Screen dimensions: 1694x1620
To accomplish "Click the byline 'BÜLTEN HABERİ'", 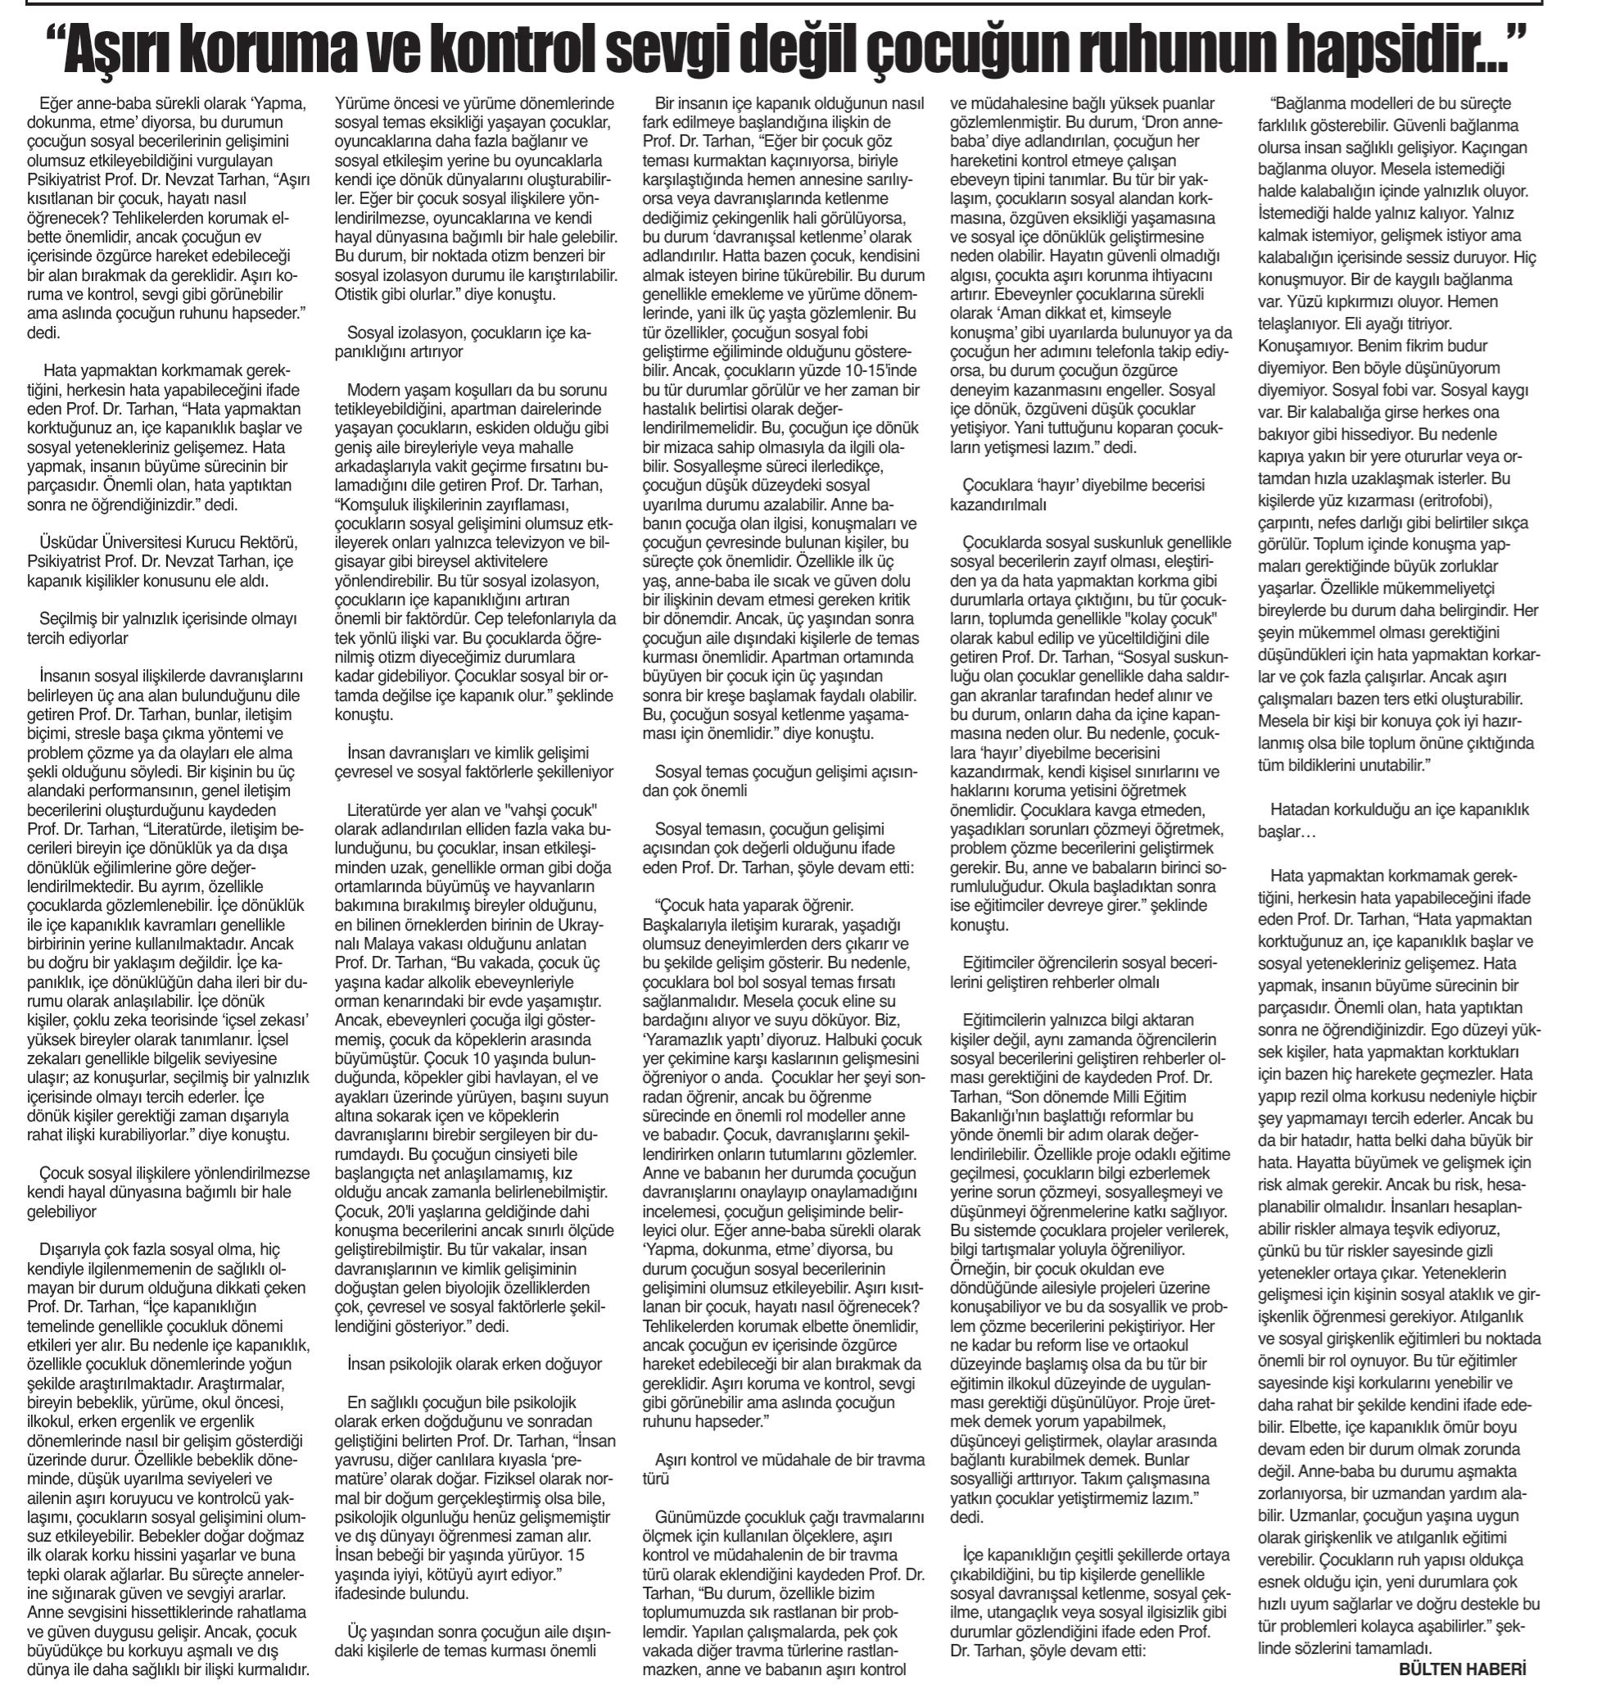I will tap(1462, 1669).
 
